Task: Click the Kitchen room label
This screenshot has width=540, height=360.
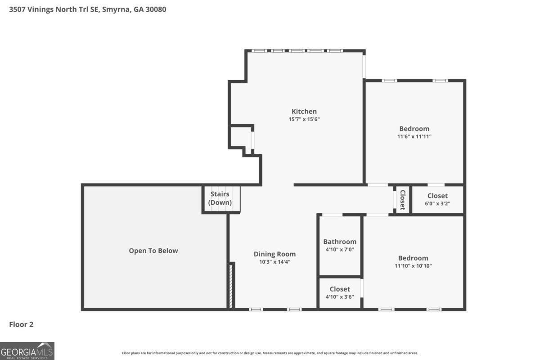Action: pos(304,111)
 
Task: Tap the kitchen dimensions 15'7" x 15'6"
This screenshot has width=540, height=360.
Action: pos(304,119)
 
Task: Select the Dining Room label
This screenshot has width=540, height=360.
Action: pos(274,254)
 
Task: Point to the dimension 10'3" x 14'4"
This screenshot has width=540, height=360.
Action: pos(274,261)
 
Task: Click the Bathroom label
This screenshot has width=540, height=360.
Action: pos(340,242)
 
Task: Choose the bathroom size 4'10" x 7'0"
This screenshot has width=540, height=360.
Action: pos(340,249)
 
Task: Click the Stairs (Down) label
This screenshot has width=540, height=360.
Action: pos(220,198)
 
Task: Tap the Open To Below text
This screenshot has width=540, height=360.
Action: pos(153,251)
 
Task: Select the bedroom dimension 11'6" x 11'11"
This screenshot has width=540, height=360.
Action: pos(414,136)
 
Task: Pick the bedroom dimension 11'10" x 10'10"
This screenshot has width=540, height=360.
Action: pos(413,265)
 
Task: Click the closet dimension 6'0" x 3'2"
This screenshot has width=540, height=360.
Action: pos(437,203)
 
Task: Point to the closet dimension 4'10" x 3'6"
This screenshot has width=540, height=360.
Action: pos(340,297)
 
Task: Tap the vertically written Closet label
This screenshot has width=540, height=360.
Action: pos(403,200)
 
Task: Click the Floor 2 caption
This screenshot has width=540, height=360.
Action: pos(21,324)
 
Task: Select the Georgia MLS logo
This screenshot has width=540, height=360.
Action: pos(27,351)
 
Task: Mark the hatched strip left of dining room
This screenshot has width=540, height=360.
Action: pos(231,286)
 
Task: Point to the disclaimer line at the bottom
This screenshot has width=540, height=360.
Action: pos(270,353)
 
